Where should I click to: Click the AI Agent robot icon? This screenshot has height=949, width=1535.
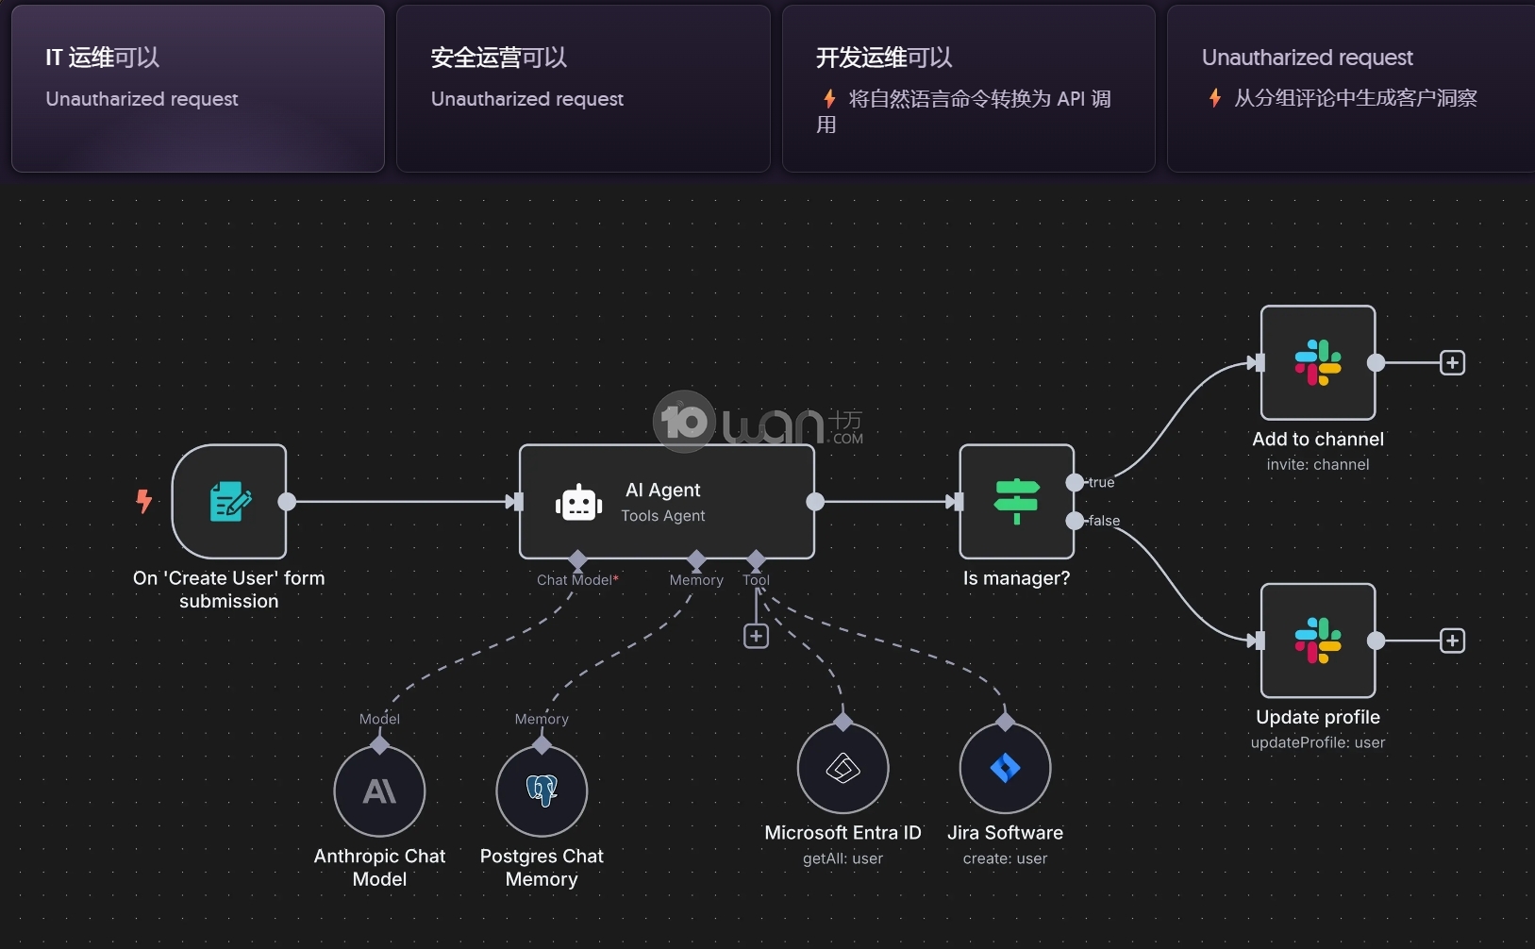[x=578, y=504]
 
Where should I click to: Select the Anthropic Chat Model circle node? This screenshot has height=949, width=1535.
[x=379, y=791]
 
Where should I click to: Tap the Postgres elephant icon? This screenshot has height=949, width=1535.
[x=542, y=791]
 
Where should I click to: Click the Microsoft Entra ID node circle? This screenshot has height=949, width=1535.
[x=843, y=768]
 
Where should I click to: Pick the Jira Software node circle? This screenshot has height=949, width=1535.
[x=1005, y=768]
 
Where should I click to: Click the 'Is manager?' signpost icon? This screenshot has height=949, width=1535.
[x=1016, y=501]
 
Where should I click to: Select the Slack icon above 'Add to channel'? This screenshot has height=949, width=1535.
[x=1318, y=363]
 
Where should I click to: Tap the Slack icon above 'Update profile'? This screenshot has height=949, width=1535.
[x=1318, y=641]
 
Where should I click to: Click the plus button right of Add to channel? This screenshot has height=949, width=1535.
[x=1452, y=363]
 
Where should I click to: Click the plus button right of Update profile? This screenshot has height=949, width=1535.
[x=1452, y=641]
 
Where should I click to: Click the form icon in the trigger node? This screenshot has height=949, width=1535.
[x=229, y=502]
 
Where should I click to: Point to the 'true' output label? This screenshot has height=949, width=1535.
[x=1101, y=482]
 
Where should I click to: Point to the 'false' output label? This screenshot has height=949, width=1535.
[x=1104, y=521]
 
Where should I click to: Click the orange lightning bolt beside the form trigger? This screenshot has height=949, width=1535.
[x=144, y=501]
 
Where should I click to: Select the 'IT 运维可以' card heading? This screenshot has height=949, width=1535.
[x=103, y=58]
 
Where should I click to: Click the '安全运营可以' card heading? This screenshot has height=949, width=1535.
[x=498, y=58]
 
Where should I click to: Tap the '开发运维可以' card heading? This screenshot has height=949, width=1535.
[x=884, y=58]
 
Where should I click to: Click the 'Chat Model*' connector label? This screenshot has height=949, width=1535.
[x=577, y=580]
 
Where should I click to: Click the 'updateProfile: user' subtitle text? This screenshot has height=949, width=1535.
[x=1317, y=742]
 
